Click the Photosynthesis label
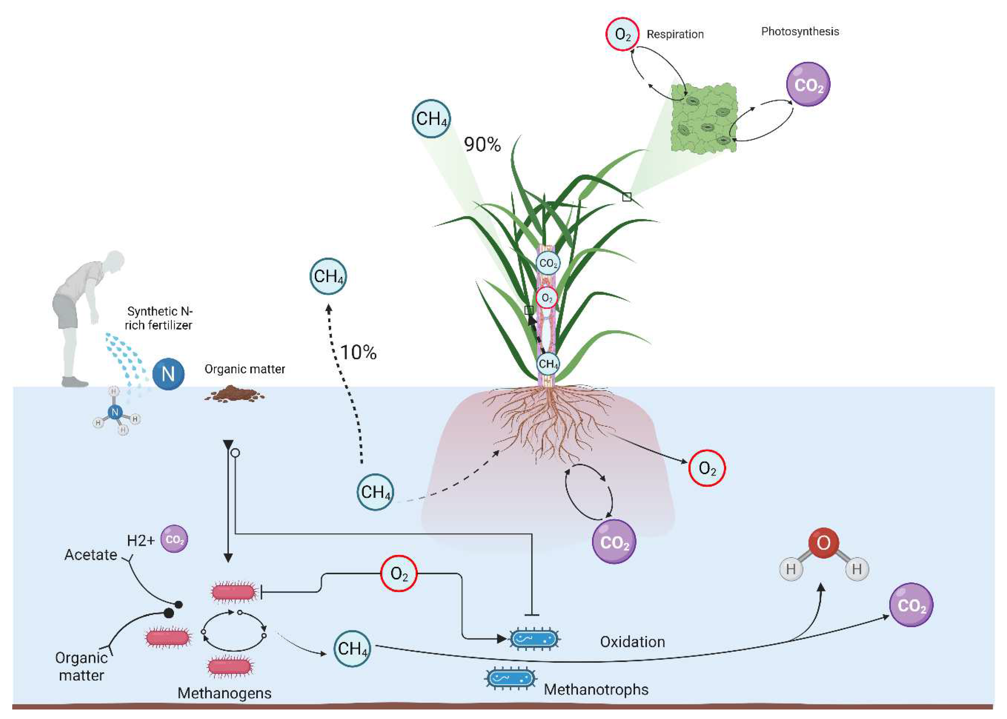click(800, 32)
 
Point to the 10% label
click(358, 352)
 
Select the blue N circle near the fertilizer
click(168, 374)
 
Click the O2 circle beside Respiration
click(622, 34)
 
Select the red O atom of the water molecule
click(823, 542)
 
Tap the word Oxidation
click(632, 642)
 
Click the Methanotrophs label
click(596, 689)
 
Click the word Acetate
click(91, 555)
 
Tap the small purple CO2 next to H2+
click(174, 539)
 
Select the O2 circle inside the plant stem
click(547, 298)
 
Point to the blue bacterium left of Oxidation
click(534, 638)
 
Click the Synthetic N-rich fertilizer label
click(159, 318)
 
